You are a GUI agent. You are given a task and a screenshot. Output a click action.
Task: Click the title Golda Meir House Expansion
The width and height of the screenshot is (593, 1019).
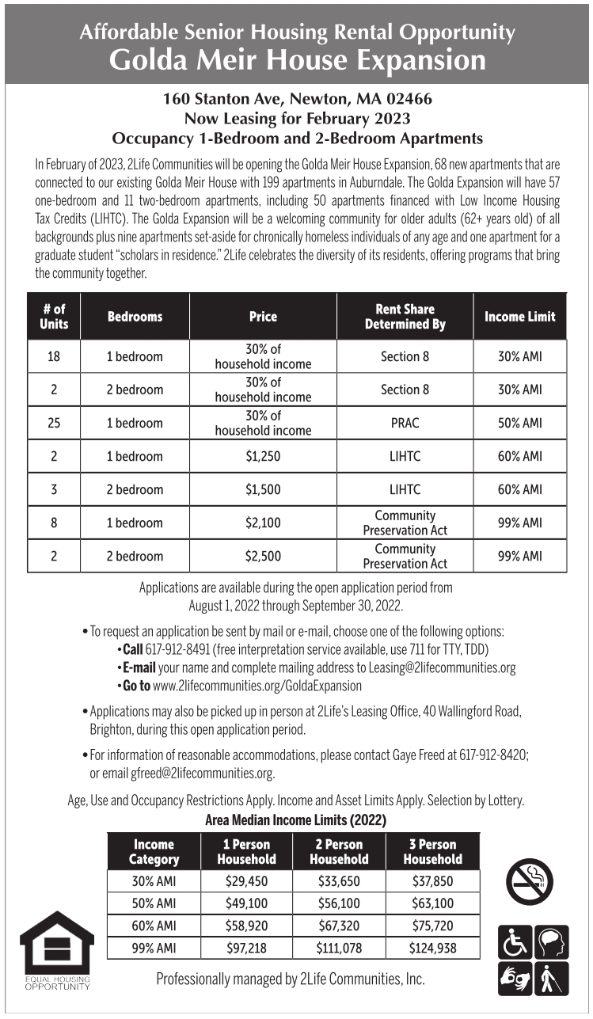pyautogui.click(x=297, y=59)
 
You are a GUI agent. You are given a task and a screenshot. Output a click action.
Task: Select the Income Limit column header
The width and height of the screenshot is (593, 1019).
pyautogui.click(x=519, y=317)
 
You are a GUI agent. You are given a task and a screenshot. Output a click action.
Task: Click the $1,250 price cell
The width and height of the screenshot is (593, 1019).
pyautogui.click(x=263, y=456)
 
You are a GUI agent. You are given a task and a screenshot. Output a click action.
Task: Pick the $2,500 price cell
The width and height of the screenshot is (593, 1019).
pyautogui.click(x=263, y=556)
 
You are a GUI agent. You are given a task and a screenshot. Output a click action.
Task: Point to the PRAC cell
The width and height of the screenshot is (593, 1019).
pyautogui.click(x=405, y=423)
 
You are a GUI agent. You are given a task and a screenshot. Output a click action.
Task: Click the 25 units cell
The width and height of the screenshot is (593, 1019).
pyautogui.click(x=54, y=423)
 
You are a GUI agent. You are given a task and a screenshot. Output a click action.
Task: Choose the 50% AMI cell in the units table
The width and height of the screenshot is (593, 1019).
pyautogui.click(x=519, y=423)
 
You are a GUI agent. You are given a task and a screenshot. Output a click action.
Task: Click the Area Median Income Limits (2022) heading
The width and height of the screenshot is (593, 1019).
pyautogui.click(x=295, y=821)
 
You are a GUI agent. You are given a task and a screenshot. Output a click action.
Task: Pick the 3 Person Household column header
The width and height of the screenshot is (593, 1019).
pyautogui.click(x=432, y=852)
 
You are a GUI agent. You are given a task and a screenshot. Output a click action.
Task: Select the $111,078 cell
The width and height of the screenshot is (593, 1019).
pyautogui.click(x=339, y=948)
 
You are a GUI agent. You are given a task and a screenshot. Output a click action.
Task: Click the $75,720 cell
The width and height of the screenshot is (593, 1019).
pyautogui.click(x=432, y=926)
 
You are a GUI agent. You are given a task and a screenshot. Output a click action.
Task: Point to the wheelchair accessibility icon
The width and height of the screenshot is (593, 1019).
pyautogui.click(x=514, y=942)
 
